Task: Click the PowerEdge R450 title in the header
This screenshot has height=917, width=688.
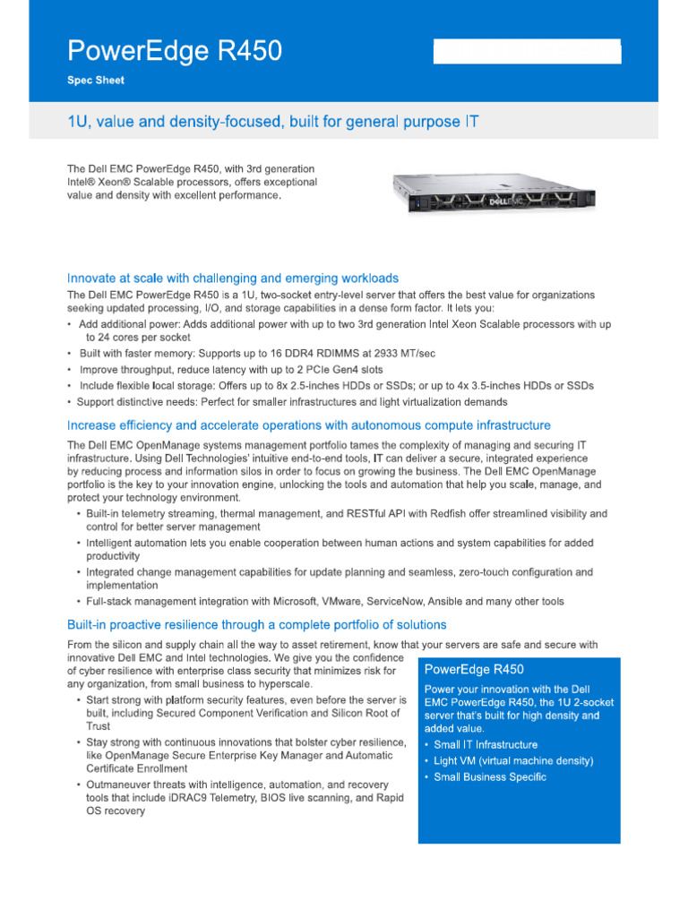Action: pyautogui.click(x=175, y=52)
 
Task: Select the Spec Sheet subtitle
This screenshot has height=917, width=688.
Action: pyautogui.click(x=96, y=81)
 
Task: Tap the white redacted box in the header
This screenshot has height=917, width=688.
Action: pyautogui.click(x=527, y=52)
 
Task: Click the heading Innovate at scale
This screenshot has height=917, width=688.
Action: pyautogui.click(x=233, y=279)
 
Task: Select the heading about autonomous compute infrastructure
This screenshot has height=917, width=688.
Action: pyautogui.click(x=309, y=425)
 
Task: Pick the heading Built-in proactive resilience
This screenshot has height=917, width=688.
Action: pyautogui.click(x=257, y=624)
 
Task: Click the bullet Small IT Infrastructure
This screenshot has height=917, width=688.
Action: pyautogui.click(x=486, y=745)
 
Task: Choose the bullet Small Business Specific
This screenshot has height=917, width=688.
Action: pyautogui.click(x=490, y=777)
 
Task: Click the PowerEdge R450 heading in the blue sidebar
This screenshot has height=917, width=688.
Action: pyautogui.click(x=474, y=670)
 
